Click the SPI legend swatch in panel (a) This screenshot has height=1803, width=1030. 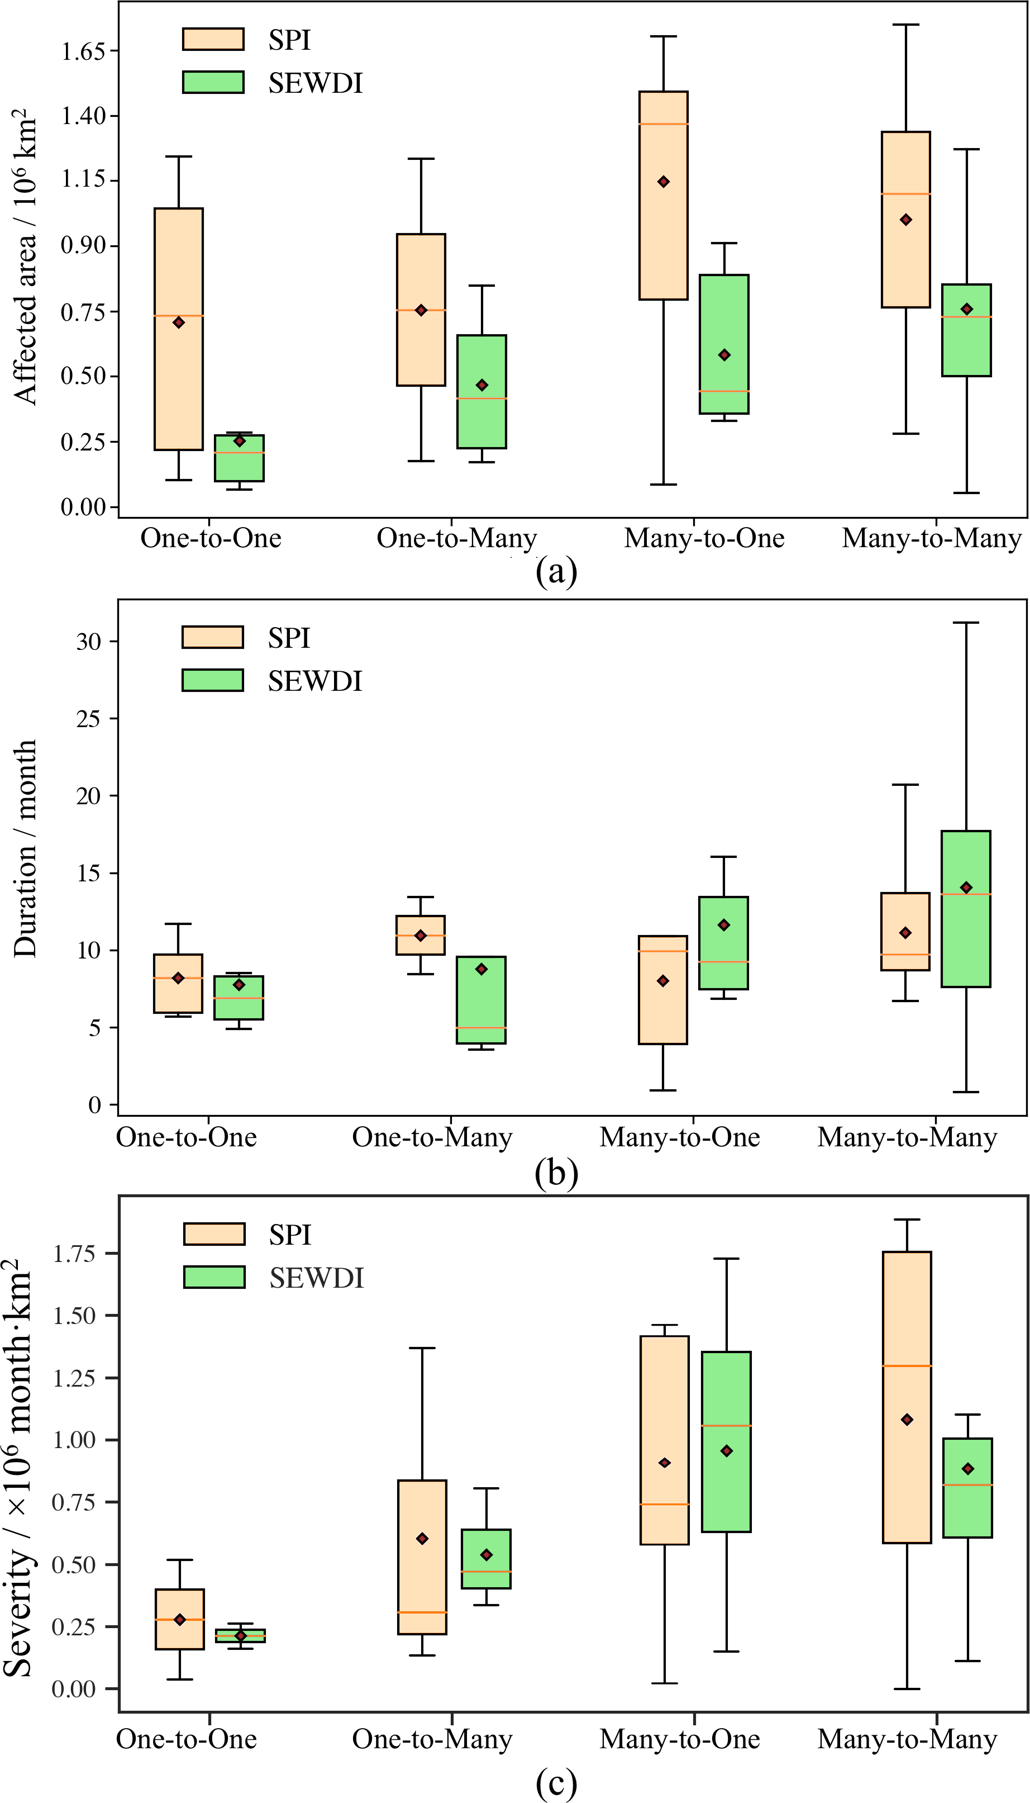point(213,39)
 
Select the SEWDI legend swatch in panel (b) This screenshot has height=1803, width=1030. point(212,680)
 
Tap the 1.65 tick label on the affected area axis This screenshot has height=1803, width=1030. point(83,51)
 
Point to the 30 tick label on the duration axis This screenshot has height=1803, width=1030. point(88,641)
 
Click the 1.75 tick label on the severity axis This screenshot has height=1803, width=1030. point(74,1253)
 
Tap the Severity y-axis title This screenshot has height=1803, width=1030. point(20,1468)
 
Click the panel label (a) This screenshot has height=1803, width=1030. point(556,570)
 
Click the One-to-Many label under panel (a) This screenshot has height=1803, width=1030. point(456,538)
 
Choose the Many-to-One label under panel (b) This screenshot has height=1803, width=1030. point(679,1136)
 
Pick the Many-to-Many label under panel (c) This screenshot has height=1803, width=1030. point(907,1739)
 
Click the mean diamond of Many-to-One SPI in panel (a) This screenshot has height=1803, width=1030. point(664,182)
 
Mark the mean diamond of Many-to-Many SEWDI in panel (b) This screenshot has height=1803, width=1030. point(966,888)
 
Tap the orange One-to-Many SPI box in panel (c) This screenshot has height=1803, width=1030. point(422,1557)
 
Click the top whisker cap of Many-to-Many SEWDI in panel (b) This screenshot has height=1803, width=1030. point(966,623)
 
